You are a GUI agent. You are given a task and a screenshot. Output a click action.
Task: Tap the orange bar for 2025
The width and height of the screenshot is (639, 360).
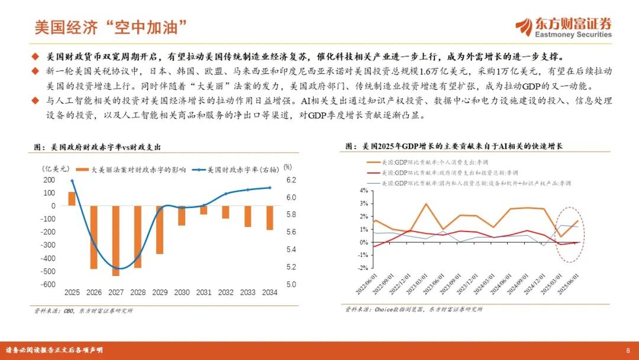point(72,198)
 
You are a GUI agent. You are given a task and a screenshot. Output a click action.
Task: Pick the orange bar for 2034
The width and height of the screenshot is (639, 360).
point(269,217)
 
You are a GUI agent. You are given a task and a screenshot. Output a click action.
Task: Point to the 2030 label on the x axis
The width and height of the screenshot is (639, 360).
point(182,292)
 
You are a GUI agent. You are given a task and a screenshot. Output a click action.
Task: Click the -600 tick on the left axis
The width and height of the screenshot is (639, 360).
point(49,284)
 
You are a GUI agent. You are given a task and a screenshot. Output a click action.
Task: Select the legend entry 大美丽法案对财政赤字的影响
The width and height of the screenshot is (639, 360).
point(132,169)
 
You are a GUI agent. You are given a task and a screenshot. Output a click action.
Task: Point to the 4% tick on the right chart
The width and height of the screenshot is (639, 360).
point(364,191)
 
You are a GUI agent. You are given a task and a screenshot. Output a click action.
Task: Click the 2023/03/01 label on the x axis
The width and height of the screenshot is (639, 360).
point(419,282)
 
